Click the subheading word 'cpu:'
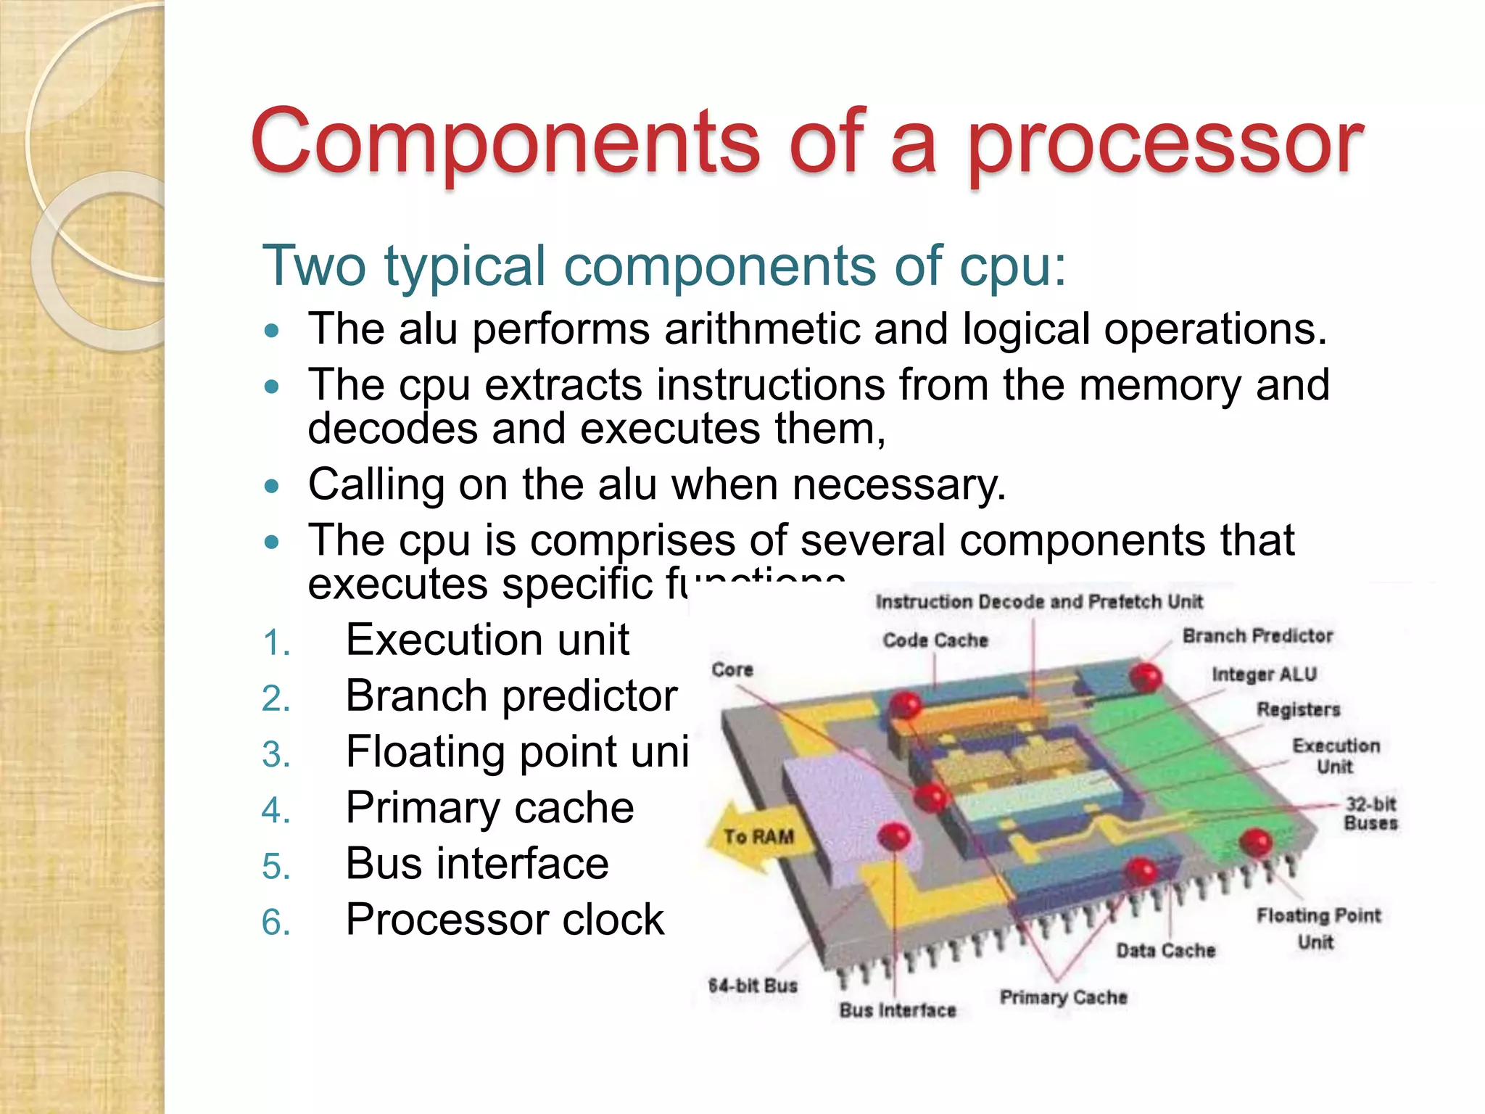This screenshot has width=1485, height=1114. tap(1013, 266)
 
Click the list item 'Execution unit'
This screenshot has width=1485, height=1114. tap(487, 640)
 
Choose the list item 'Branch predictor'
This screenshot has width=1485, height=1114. tap(511, 696)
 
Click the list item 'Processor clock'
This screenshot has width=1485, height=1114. tap(505, 920)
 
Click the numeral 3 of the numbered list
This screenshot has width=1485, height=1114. tap(276, 754)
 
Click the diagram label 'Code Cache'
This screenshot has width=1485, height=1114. tap(935, 640)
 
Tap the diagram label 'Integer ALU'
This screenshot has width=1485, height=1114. tap(1264, 674)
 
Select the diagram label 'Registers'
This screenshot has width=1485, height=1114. tap(1298, 709)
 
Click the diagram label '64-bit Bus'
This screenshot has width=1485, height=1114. tap(753, 986)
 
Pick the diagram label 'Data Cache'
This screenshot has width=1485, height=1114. tap(1165, 950)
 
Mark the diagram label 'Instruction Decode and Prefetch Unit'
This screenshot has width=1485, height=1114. tap(1038, 602)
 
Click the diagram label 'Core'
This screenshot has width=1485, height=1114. tap(732, 669)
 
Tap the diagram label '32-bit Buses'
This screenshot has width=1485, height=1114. tap(1370, 813)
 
